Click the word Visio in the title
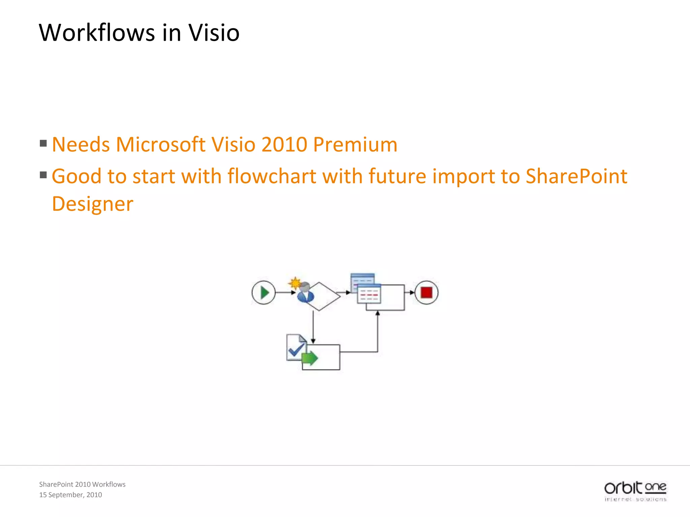pyautogui.click(x=214, y=33)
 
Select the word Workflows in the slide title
pyautogui.click(x=97, y=33)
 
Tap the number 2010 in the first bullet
pyautogui.click(x=284, y=144)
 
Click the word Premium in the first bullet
pyautogui.click(x=355, y=144)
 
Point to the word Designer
pyautogui.click(x=93, y=204)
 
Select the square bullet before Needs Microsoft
pyautogui.click(x=43, y=144)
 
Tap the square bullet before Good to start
pyautogui.click(x=43, y=175)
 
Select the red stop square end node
pyautogui.click(x=426, y=292)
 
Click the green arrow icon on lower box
pyautogui.click(x=310, y=358)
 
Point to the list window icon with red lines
pyautogui.click(x=369, y=294)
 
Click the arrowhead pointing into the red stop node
pyautogui.click(x=412, y=292)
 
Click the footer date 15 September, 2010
pyautogui.click(x=70, y=495)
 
